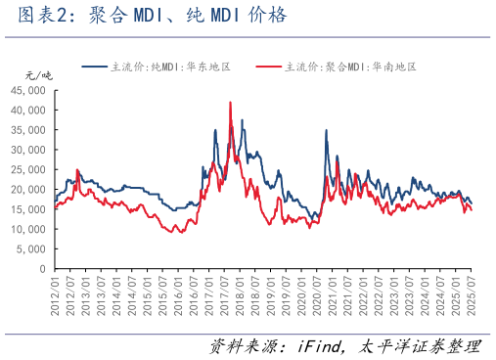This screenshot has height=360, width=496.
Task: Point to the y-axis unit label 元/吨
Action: tap(37, 75)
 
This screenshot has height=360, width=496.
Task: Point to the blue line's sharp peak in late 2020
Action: tap(327, 130)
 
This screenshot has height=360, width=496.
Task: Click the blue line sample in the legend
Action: tap(96, 67)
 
